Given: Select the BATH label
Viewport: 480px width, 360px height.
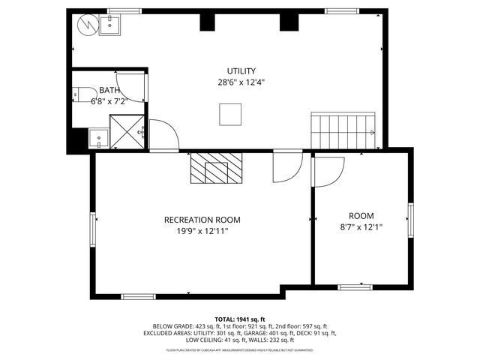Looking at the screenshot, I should (x=109, y=90).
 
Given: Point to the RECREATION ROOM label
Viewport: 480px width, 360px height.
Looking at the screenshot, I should (x=202, y=220).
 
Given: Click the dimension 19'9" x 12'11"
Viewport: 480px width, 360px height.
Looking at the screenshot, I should (x=202, y=232).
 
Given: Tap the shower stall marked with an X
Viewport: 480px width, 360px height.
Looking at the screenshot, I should (x=126, y=131).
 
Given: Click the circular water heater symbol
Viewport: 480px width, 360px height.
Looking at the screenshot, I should (x=87, y=25).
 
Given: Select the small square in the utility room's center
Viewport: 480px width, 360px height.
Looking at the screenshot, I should (x=230, y=114).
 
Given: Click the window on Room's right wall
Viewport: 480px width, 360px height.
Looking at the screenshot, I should (x=410, y=218).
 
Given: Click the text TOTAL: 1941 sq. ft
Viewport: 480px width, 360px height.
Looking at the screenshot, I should (x=240, y=319).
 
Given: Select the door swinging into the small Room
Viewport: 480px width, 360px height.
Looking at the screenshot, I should (x=328, y=171).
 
